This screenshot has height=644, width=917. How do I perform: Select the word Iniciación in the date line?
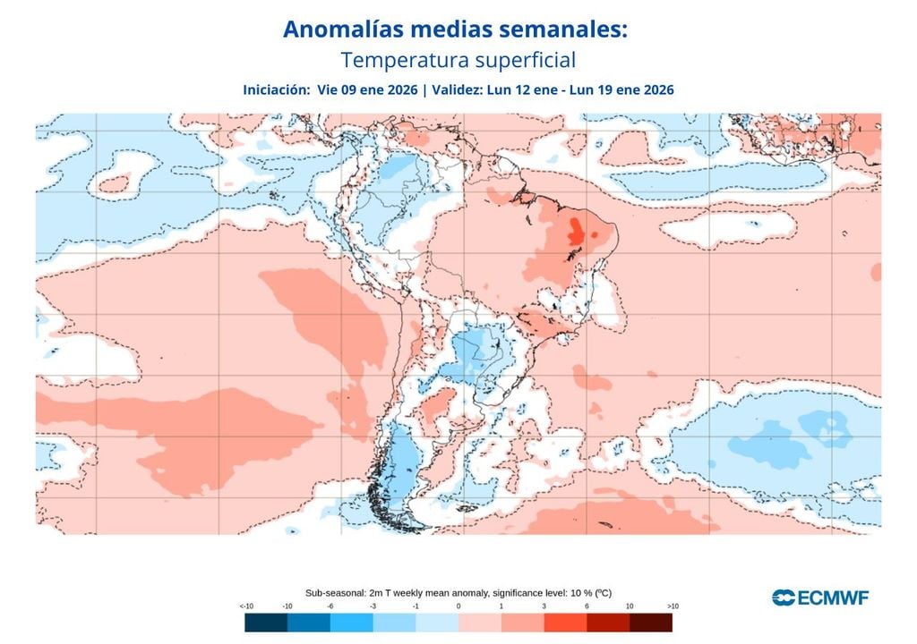pyautogui.click(x=274, y=89)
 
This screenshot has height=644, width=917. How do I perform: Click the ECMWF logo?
pyautogui.click(x=820, y=597)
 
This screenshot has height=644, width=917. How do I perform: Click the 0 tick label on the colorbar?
pyautogui.click(x=458, y=606)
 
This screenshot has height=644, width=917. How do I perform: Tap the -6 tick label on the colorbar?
pyautogui.click(x=330, y=606)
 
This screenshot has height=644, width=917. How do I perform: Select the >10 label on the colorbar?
pyautogui.click(x=672, y=606)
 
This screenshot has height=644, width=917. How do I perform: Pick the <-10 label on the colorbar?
pyautogui.click(x=245, y=606)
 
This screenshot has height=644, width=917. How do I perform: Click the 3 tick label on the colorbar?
pyautogui.click(x=544, y=606)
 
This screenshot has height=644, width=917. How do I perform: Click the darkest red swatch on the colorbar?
pyautogui.click(x=650, y=623)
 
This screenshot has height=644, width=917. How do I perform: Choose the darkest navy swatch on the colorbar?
pyautogui.click(x=266, y=623)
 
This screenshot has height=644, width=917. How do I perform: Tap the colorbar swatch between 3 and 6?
pyautogui.click(x=565, y=623)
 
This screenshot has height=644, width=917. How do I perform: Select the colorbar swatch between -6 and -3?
pyautogui.click(x=352, y=623)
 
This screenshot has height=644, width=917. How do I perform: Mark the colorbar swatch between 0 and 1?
pyautogui.click(x=480, y=623)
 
